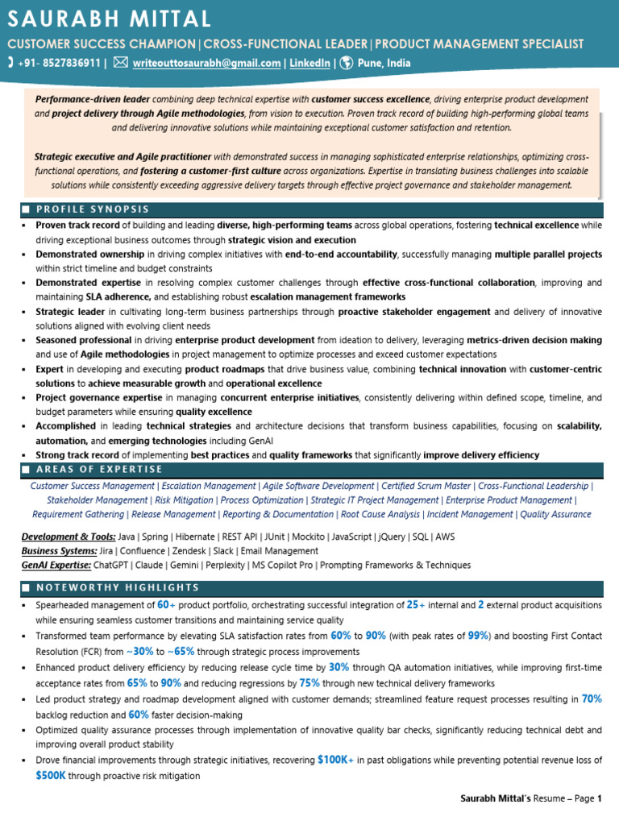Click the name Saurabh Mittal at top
[x=110, y=19]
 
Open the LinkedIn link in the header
[x=309, y=63]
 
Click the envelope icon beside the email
[x=119, y=63]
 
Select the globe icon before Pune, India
[x=346, y=63]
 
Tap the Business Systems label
[x=60, y=551]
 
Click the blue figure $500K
[x=51, y=776]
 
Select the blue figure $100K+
[x=335, y=760]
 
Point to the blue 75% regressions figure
[x=309, y=682]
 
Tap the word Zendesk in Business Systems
[x=189, y=551]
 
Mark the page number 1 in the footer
[x=600, y=799]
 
